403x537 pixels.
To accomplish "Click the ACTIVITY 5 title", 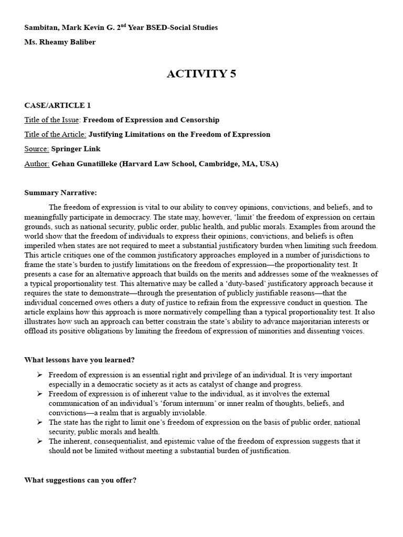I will [x=201, y=74].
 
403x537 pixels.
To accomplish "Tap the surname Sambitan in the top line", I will [x=40, y=27].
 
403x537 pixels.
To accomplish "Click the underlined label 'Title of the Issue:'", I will [x=52, y=120].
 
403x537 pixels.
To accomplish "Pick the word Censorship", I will [x=200, y=120].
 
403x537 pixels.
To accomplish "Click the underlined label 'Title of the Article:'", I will [x=55, y=135].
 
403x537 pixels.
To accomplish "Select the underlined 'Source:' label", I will [x=37, y=149].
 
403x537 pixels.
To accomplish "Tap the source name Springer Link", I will [x=76, y=149].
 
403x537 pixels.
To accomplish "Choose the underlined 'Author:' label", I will [x=37, y=164].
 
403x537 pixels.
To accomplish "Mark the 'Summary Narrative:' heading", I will [x=60, y=193].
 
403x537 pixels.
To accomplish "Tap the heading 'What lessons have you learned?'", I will [x=80, y=360].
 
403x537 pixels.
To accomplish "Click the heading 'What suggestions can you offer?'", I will [x=80, y=480].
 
